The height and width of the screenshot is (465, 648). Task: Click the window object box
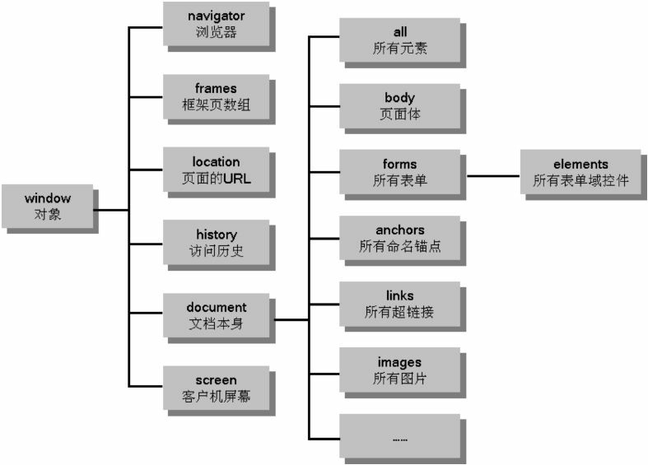click(48, 207)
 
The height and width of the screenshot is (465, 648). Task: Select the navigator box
click(216, 26)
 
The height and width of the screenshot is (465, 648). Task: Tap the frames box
click(216, 97)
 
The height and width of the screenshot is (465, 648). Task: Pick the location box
click(216, 170)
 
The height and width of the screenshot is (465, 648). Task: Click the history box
click(216, 243)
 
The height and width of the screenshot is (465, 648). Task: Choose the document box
click(216, 315)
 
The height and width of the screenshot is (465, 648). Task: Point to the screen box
click(216, 388)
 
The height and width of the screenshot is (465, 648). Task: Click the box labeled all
click(399, 40)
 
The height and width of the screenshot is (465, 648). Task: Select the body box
click(399, 106)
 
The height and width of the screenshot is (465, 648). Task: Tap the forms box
click(399, 172)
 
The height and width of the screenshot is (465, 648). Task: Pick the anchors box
click(399, 238)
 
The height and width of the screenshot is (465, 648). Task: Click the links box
click(399, 304)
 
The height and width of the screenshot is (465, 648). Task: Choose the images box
click(399, 370)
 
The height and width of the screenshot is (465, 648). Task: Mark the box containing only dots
click(399, 438)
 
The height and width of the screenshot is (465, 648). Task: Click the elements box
click(580, 172)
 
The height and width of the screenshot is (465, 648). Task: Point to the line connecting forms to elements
click(492, 174)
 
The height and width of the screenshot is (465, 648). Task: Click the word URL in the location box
click(248, 178)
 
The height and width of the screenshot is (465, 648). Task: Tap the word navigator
click(216, 16)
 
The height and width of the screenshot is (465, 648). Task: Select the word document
click(216, 307)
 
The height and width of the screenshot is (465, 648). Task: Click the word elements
click(580, 164)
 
